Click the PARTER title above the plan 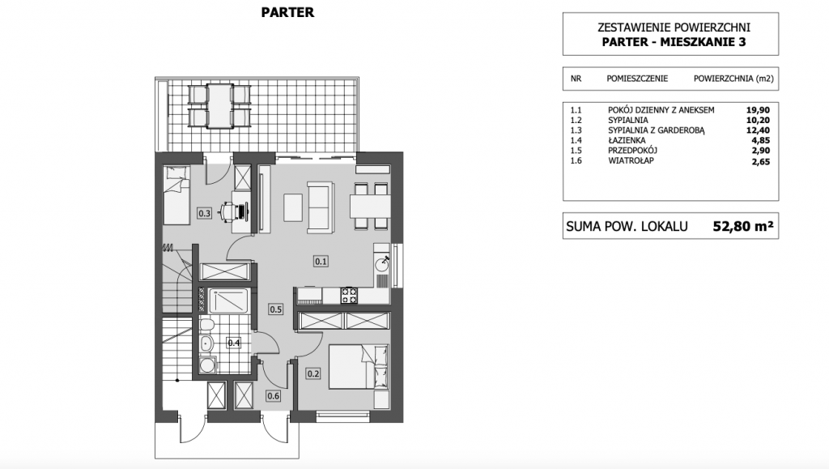click(287, 12)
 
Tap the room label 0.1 click(321, 261)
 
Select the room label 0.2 click(313, 374)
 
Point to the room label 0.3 click(204, 214)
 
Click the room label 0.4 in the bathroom click(234, 343)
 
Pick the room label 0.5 click(275, 309)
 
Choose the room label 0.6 click(274, 396)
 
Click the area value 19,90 click(758, 110)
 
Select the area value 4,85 click(761, 140)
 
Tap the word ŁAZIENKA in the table click(627, 140)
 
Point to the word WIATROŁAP click(631, 160)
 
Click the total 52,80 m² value click(743, 226)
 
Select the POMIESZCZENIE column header click(637, 79)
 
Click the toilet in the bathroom click(207, 323)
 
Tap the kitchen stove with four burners click(349, 295)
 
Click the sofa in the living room click(321, 207)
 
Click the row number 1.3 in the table click(576, 130)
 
